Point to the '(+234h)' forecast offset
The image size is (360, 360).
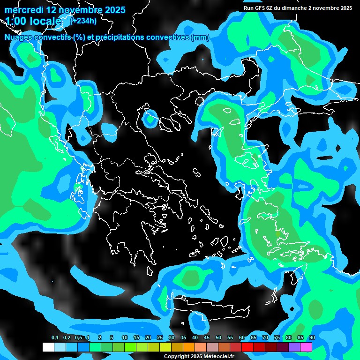click(83, 20)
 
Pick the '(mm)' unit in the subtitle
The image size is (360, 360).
click(200, 37)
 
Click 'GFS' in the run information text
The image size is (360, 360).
click(261, 8)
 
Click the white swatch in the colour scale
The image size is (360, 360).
click(48, 347)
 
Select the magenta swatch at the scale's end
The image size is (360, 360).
click(306, 347)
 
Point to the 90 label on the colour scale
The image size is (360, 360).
click(312, 337)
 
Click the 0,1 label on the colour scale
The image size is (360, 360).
click(54, 337)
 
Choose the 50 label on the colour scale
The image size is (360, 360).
click(218, 337)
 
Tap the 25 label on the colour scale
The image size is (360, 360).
click(160, 337)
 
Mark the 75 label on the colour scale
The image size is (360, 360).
click(277, 337)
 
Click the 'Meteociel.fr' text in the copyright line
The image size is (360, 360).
click(219, 356)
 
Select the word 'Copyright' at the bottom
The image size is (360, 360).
click(176, 356)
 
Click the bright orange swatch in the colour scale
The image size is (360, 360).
click(189, 347)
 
